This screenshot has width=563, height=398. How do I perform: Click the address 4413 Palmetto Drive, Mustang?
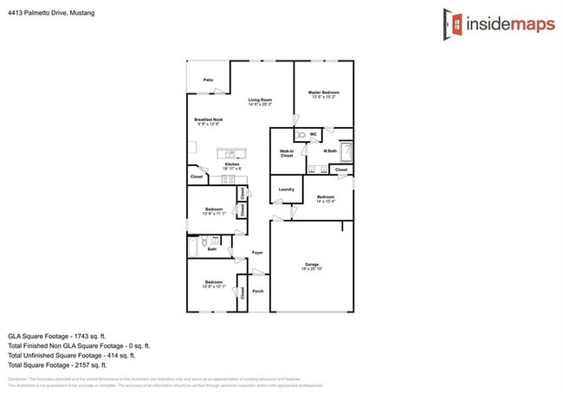[52, 14]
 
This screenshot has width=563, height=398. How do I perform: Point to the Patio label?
[209, 80]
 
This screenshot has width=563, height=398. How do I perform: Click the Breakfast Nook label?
[209, 121]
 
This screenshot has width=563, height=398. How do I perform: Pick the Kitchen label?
[232, 165]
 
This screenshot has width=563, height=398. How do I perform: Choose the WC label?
[313, 134]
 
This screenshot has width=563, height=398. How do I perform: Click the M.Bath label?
[330, 152]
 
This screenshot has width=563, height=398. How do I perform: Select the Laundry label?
[287, 189]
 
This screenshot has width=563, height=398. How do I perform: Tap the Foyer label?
[257, 253]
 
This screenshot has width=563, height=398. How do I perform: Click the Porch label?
[257, 291]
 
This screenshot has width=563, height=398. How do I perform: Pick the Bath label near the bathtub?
[211, 249]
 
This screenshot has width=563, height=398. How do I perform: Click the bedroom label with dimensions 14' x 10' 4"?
[326, 199]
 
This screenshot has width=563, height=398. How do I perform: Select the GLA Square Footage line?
[56, 335]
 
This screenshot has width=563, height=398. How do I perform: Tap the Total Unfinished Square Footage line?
[72, 355]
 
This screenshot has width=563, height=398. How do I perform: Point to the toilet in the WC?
[300, 136]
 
